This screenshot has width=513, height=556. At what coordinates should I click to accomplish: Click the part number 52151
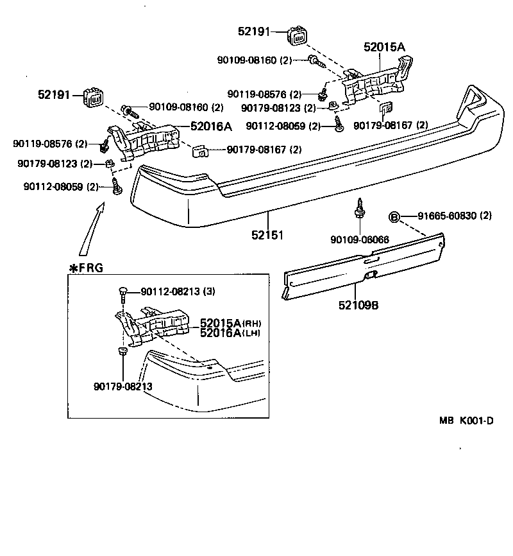(x=267, y=236)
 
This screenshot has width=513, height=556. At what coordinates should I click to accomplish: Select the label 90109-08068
(x=360, y=239)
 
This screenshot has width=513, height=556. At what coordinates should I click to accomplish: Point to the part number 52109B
(x=359, y=306)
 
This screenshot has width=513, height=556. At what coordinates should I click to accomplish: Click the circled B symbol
(x=394, y=216)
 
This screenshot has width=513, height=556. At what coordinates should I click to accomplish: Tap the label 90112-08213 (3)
(x=173, y=291)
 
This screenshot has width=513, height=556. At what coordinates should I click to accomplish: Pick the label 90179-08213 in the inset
(x=122, y=386)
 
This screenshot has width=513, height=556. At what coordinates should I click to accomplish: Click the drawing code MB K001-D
(x=466, y=421)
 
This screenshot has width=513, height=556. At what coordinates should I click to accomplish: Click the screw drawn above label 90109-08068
(x=360, y=208)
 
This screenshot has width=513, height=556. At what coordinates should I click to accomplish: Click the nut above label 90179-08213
(x=122, y=351)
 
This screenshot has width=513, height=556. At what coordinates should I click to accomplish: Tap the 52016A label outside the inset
(x=210, y=126)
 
